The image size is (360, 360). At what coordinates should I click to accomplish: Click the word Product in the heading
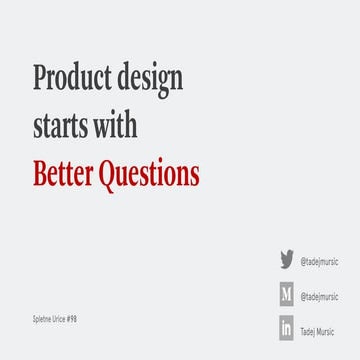[73, 79]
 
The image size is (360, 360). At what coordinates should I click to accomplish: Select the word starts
[63, 128]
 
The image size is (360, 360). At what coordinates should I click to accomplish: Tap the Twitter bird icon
[286, 260]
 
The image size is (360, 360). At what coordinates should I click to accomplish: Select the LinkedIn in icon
[286, 329]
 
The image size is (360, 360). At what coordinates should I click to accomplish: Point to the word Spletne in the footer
[44, 318]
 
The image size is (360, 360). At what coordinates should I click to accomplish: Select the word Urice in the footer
[66, 318]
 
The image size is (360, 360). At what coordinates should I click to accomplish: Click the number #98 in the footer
[82, 318]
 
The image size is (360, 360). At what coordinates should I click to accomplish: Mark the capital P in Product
[40, 78]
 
